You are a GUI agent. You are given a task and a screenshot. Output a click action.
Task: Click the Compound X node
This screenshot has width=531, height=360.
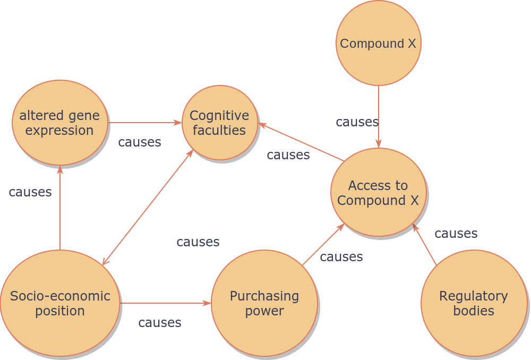(379, 43)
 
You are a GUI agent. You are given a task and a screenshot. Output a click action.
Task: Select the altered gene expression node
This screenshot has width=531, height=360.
(60, 123)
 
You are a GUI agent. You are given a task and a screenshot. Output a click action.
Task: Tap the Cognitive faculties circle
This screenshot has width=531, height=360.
(219, 123)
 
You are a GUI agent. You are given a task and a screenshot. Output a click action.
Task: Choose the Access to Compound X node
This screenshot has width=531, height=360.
(378, 193)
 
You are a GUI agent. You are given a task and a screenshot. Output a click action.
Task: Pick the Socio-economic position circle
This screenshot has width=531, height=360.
(60, 303)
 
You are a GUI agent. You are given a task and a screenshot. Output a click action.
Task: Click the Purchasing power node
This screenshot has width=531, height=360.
(264, 303)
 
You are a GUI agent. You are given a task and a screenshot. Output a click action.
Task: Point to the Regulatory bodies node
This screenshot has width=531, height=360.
(474, 303)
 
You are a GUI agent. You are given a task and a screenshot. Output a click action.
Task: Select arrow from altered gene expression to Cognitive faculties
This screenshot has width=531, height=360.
(144, 123)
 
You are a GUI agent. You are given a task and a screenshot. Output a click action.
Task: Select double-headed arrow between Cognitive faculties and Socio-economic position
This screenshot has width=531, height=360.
(148, 207)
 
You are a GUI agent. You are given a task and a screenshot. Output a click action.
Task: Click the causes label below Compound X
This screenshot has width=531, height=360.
(357, 122)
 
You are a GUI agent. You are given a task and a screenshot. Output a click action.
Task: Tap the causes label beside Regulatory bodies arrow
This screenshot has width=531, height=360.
(456, 234)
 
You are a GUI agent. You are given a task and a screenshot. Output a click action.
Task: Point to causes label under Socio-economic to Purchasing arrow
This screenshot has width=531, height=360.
(159, 322)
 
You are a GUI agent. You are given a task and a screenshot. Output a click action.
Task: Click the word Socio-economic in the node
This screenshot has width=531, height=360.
(60, 296)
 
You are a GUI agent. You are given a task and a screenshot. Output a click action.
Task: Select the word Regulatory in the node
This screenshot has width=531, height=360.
(474, 296)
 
